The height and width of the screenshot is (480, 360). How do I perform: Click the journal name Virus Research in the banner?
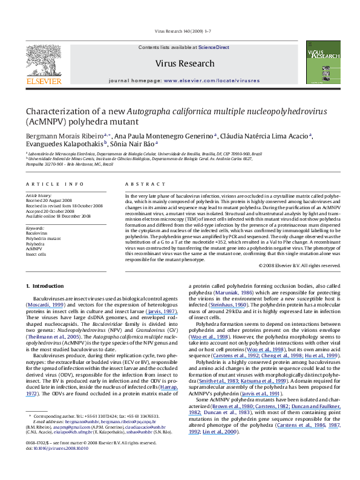(x=185, y=63)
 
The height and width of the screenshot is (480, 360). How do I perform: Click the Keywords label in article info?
(x=36, y=227)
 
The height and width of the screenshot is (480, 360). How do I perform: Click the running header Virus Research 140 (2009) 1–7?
(x=180, y=30)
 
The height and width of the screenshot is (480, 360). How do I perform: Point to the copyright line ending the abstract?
(x=295, y=265)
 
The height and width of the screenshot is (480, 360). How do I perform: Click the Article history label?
(x=39, y=196)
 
